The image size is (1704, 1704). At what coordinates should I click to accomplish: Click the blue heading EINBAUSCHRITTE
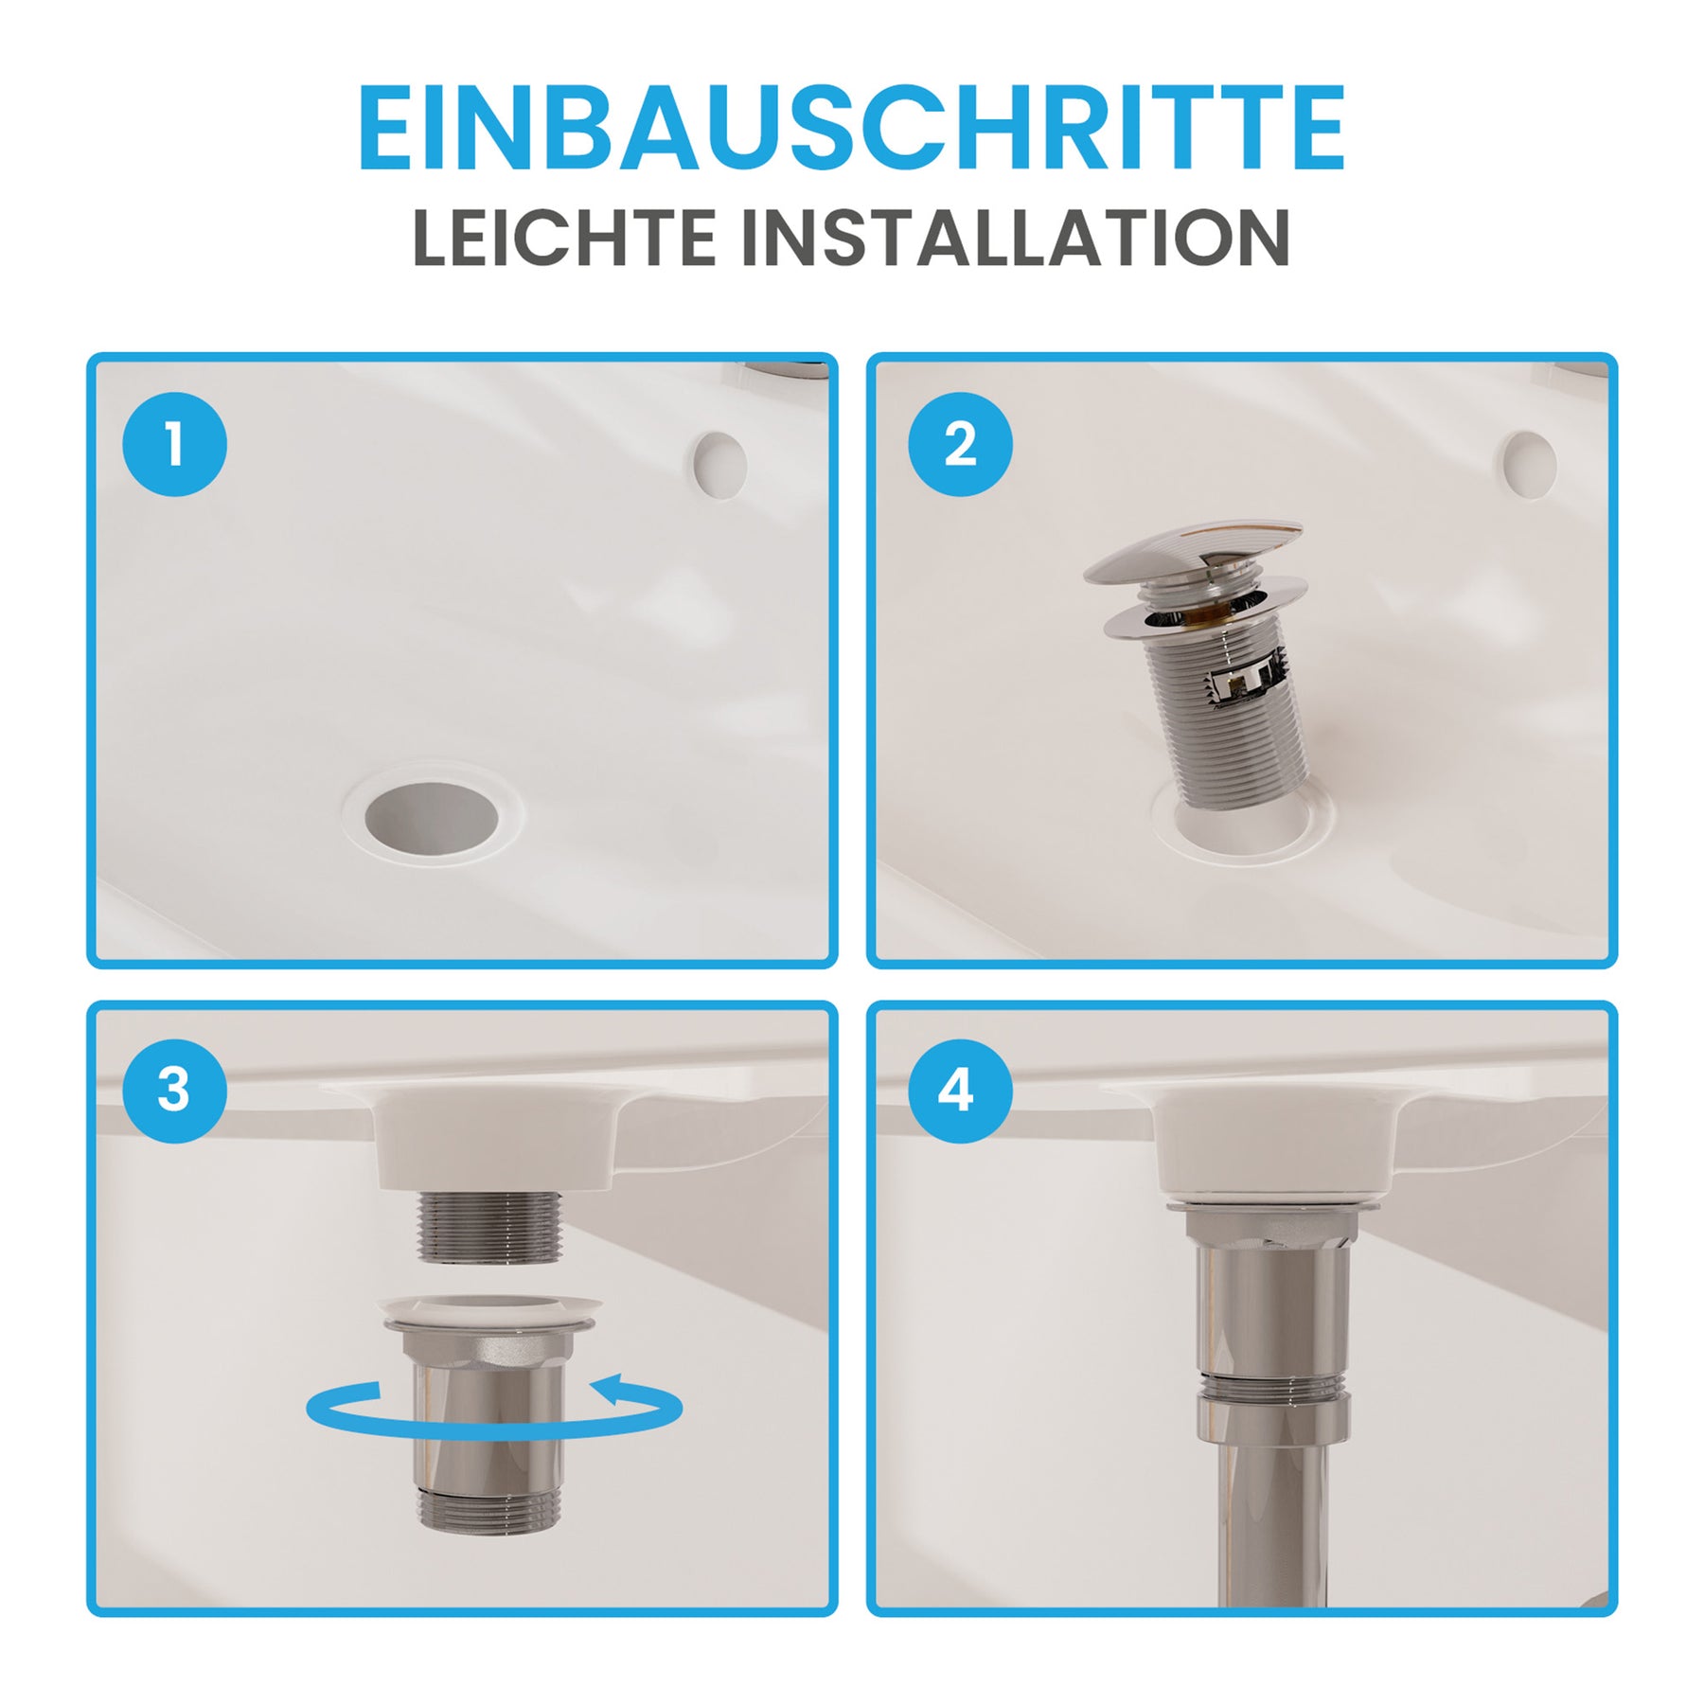pos(851,128)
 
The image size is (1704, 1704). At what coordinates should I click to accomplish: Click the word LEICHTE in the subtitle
pos(564,238)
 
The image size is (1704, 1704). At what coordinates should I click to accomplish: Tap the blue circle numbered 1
pos(175,444)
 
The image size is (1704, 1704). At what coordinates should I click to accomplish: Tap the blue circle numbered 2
pos(960,444)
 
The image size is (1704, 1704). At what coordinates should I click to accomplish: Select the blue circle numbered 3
pos(175,1091)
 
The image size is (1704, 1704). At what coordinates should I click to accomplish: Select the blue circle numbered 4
pos(960,1091)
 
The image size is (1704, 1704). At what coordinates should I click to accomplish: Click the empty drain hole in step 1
pos(433,818)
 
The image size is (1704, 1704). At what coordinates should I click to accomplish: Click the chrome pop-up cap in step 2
pos(1193,551)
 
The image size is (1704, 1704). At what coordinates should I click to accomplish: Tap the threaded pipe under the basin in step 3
pos(489,1227)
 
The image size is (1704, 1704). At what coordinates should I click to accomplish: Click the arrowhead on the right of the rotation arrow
pos(613,1391)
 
